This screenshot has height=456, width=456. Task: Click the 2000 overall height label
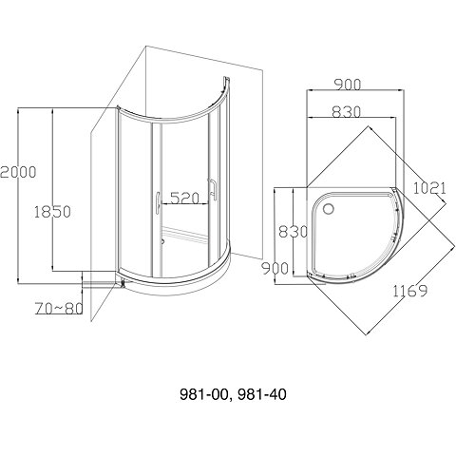(18, 172)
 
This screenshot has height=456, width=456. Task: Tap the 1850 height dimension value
(52, 212)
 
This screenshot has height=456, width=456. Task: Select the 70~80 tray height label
(59, 309)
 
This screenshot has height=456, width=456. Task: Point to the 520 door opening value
(184, 199)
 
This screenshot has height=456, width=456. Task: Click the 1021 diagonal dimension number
(429, 188)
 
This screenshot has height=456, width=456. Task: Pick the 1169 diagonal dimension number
(410, 291)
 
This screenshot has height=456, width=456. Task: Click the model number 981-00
(204, 394)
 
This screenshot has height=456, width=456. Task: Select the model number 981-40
(262, 394)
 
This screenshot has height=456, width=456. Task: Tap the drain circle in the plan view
(329, 209)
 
